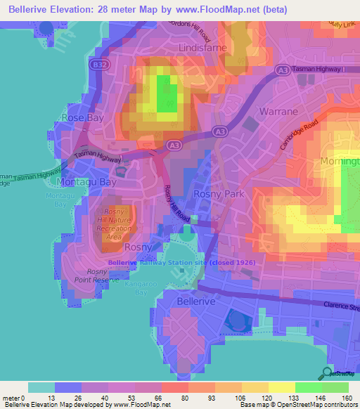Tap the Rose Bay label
point(83,117)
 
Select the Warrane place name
point(278,112)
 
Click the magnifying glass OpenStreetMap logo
point(326,373)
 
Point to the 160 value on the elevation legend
point(347,398)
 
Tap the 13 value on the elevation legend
point(54,398)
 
